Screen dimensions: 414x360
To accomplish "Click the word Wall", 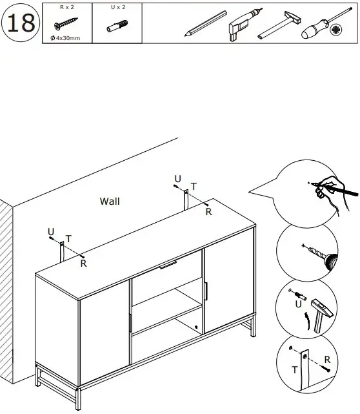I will pyautogui.click(x=110, y=202).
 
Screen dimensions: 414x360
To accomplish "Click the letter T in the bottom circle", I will pyautogui.click(x=295, y=370).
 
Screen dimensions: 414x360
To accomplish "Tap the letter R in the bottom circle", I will pyautogui.click(x=327, y=359).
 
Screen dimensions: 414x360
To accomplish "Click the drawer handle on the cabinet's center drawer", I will pyautogui.click(x=168, y=264).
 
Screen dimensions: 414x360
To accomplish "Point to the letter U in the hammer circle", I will pyautogui.click(x=297, y=302).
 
